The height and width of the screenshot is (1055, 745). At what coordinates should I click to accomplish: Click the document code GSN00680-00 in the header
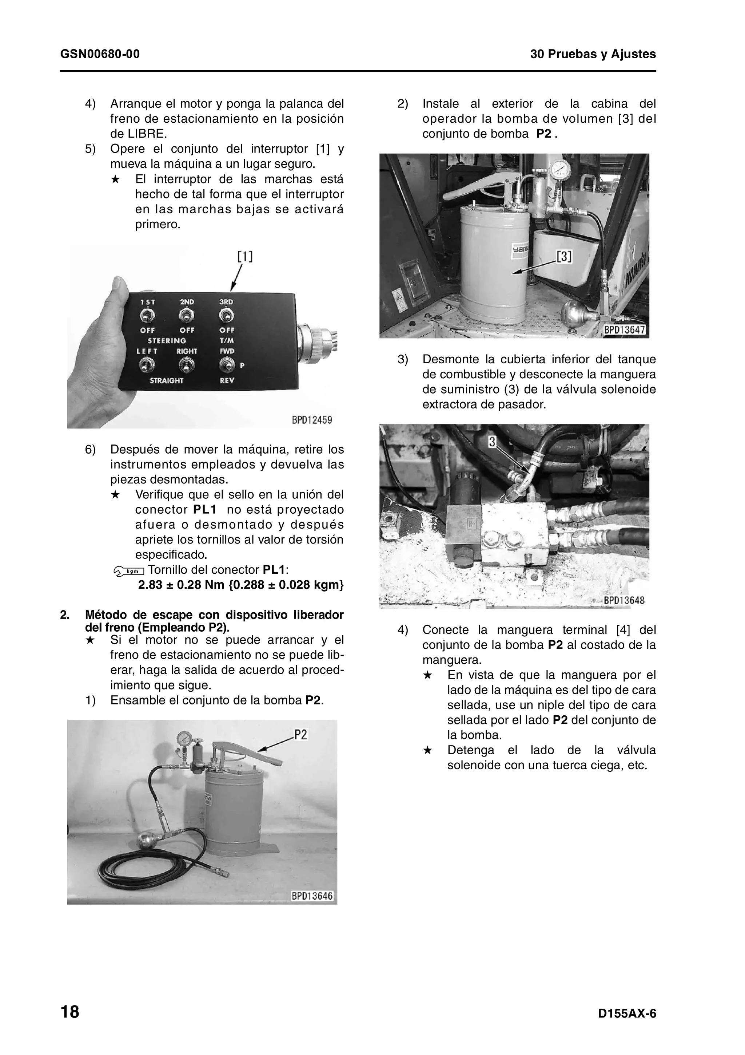tap(100, 54)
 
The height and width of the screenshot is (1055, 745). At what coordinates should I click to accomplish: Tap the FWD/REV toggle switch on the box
tap(227, 366)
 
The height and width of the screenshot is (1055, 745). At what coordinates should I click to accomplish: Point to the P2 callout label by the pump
tap(301, 735)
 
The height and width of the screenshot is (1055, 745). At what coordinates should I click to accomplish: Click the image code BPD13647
tap(625, 330)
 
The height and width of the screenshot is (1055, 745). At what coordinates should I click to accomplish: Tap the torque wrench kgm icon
tap(129, 571)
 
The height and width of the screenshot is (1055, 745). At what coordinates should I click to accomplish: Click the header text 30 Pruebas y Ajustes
tap(593, 54)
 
